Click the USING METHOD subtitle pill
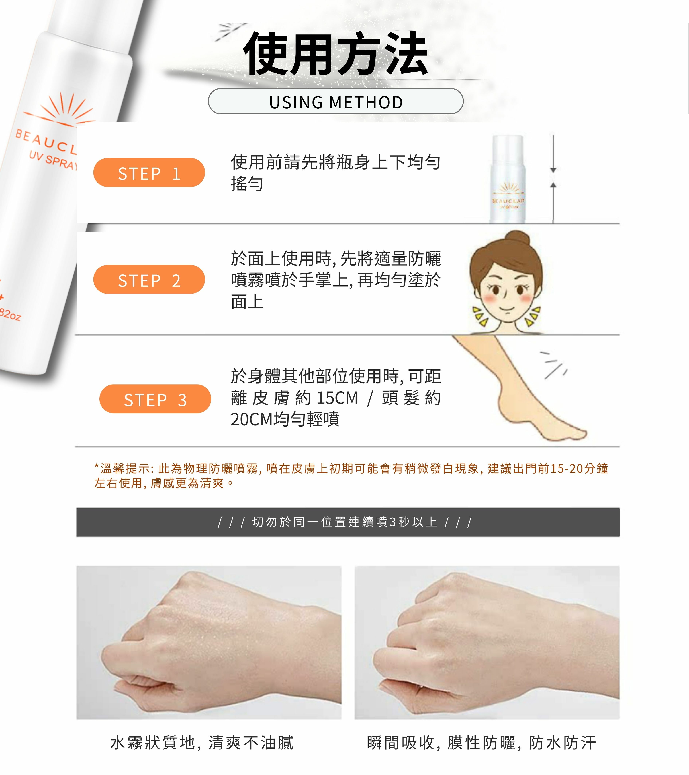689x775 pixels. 336,101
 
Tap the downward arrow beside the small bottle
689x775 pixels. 553,154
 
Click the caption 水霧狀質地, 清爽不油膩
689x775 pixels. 202,743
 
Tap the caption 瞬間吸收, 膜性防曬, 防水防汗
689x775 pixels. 481,743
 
